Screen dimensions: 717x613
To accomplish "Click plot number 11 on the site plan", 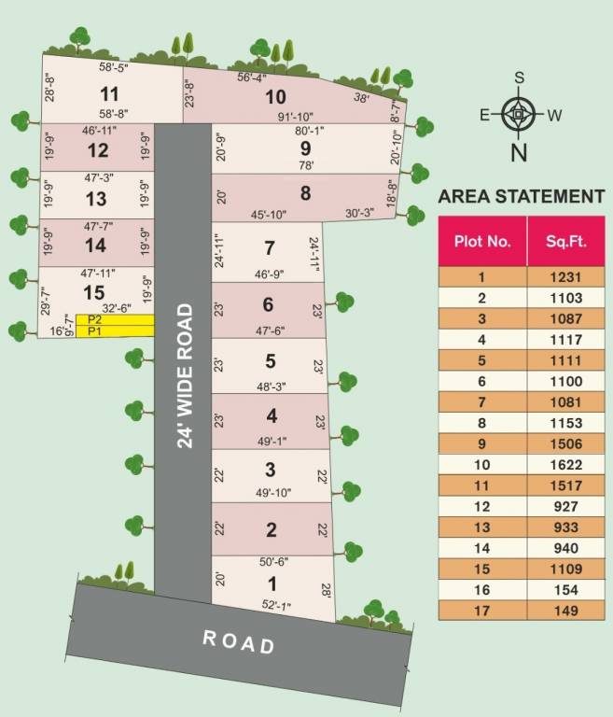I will point(110,93).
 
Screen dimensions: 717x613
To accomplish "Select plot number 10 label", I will point(275,96).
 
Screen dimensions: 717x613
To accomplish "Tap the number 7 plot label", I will point(270,248).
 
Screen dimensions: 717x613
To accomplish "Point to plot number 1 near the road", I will point(272,583).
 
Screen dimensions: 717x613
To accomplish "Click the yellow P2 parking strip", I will point(115,319).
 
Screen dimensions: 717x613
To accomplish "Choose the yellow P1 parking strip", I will point(115,331).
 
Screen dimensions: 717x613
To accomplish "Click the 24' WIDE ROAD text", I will point(185,374).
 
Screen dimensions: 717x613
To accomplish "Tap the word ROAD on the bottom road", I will point(239,640).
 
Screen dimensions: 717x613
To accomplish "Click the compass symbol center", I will point(519,116).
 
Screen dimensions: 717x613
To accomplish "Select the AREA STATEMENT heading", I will point(521,196).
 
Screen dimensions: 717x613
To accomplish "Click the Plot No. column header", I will point(482,241).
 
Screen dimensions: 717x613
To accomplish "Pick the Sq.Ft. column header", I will point(565,241).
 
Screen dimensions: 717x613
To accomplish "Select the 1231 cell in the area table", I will point(565,276).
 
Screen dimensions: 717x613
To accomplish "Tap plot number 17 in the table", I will point(482,612).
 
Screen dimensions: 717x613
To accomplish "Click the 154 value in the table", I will point(565,590).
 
